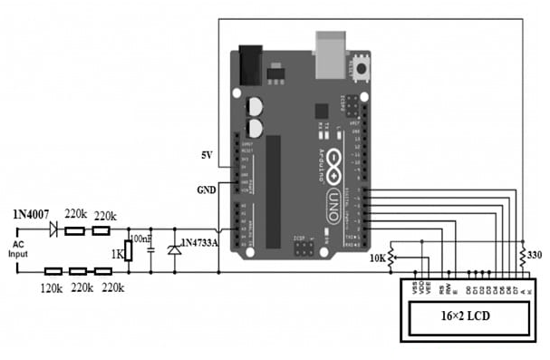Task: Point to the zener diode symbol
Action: [x=173, y=247]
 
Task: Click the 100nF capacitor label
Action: [x=142, y=238]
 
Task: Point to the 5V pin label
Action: [x=207, y=156]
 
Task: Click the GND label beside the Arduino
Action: [x=206, y=191]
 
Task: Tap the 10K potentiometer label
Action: [x=376, y=259]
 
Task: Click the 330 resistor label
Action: [x=537, y=256]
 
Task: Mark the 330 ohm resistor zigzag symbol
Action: [x=523, y=254]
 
